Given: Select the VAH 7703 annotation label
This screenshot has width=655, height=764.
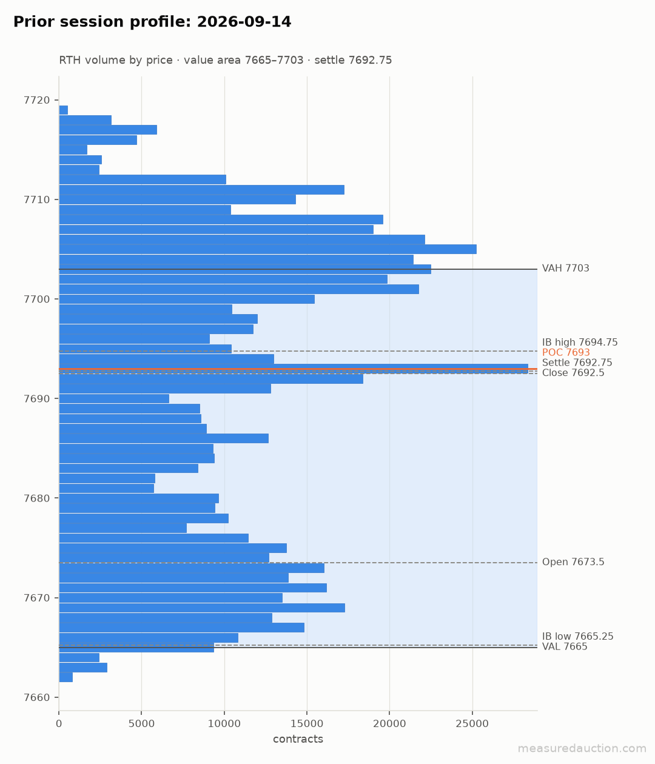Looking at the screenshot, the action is tap(566, 269).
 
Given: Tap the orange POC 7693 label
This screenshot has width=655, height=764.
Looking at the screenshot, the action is tap(566, 353).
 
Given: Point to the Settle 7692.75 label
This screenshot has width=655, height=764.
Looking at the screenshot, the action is tap(577, 363).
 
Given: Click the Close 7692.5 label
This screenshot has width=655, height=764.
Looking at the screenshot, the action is tap(573, 372).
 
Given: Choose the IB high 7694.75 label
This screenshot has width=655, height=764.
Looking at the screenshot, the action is tap(580, 342).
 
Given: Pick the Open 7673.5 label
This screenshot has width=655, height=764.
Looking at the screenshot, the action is tap(573, 562).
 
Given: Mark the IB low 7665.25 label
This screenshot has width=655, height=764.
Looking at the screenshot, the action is tap(577, 637).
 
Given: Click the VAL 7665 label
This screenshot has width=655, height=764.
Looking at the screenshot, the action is tap(565, 646).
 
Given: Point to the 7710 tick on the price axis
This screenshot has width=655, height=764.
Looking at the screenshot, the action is tap(36, 200).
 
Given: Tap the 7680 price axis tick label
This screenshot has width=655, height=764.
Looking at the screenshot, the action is tap(36, 498).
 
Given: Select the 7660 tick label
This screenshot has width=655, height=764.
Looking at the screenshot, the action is tap(36, 698).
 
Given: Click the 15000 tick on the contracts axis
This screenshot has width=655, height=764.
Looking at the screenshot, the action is tap(307, 724).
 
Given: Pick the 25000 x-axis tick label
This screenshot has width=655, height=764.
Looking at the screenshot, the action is tap(472, 724).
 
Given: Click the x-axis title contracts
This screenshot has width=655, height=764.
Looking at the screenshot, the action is tap(298, 739).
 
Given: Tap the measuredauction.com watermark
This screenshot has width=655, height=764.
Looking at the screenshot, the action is tap(582, 749).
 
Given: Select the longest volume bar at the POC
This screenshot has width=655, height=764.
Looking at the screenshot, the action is tap(294, 369).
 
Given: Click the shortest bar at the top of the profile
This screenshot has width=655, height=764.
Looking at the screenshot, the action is tap(64, 110).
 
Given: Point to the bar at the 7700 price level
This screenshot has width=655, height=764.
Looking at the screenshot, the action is tap(187, 299).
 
